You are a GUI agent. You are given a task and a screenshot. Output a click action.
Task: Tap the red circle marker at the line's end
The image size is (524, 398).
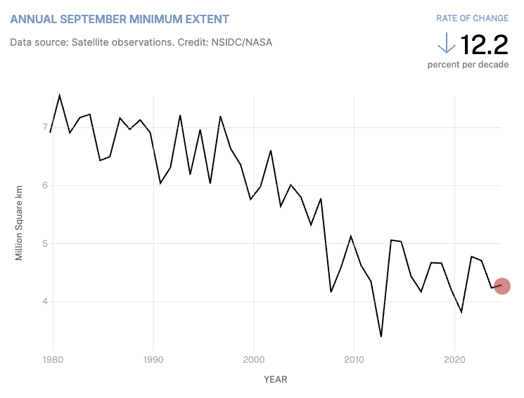(x=501, y=286)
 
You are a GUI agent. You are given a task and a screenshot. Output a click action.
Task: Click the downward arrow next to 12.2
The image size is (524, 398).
(x=446, y=44)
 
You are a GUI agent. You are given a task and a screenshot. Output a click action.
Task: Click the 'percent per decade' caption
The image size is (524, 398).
(x=468, y=65)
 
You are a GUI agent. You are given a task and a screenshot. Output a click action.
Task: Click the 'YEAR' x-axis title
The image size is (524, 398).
(x=276, y=380)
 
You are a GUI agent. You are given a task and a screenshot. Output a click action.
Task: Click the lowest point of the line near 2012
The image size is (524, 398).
(x=381, y=336)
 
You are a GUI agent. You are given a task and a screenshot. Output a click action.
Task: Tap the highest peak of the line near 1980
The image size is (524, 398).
(x=59, y=95)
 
